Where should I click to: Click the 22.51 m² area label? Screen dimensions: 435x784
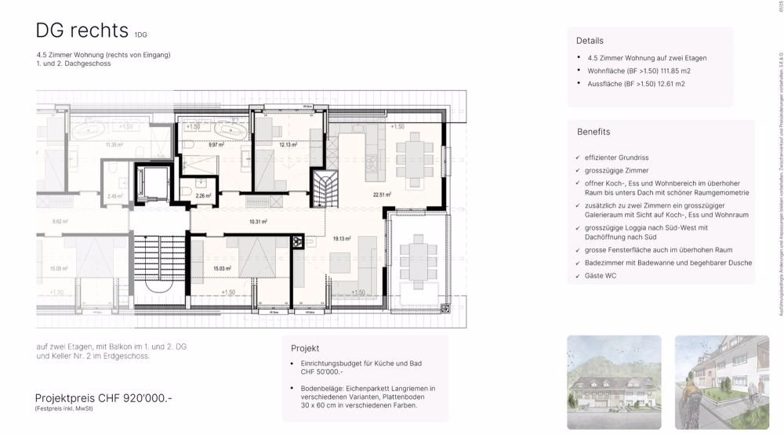383,196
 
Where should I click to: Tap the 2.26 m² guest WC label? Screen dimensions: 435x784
203,196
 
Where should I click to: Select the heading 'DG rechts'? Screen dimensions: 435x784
82,31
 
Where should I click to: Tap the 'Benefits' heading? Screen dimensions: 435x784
593,132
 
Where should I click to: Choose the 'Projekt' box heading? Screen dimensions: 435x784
306,347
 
